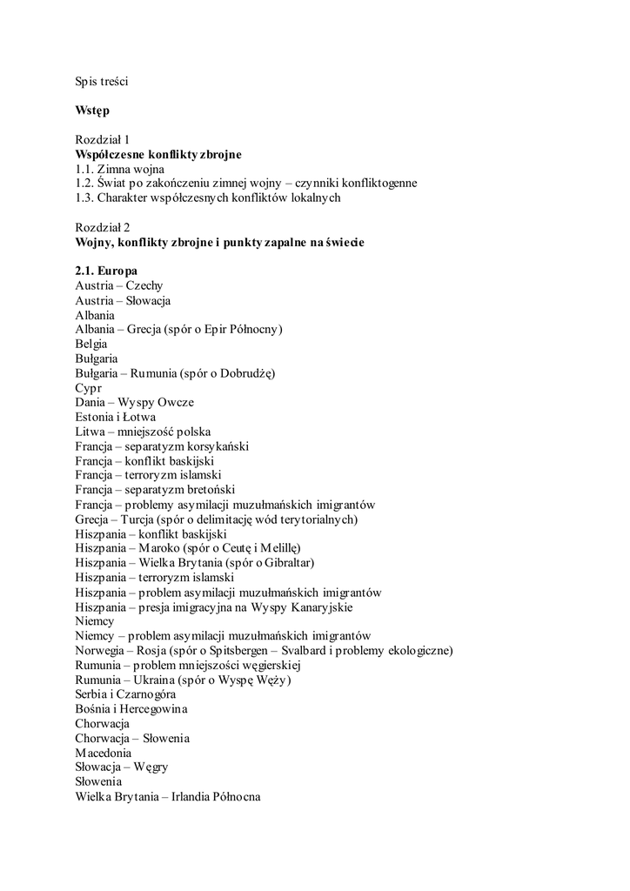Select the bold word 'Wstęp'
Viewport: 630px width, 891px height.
pyautogui.click(x=92, y=111)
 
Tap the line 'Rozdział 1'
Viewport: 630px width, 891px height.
pyautogui.click(x=103, y=139)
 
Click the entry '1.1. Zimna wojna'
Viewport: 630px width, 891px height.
pyautogui.click(x=119, y=169)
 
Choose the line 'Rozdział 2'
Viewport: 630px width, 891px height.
pyautogui.click(x=103, y=227)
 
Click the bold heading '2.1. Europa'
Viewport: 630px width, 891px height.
pyautogui.click(x=106, y=271)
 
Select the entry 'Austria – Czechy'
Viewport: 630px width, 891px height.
pyautogui.click(x=119, y=285)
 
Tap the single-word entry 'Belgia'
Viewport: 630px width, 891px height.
pyautogui.click(x=91, y=344)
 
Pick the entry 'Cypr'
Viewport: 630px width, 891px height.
pyautogui.click(x=89, y=388)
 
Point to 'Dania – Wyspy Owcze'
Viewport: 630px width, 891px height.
pyautogui.click(x=135, y=403)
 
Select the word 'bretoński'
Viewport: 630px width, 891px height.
pyautogui.click(x=211, y=490)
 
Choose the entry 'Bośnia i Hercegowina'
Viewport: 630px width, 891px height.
pyautogui.click(x=131, y=709)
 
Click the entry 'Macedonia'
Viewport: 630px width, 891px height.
pyautogui.click(x=104, y=753)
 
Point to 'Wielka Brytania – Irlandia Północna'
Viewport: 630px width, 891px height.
pyautogui.click(x=168, y=796)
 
